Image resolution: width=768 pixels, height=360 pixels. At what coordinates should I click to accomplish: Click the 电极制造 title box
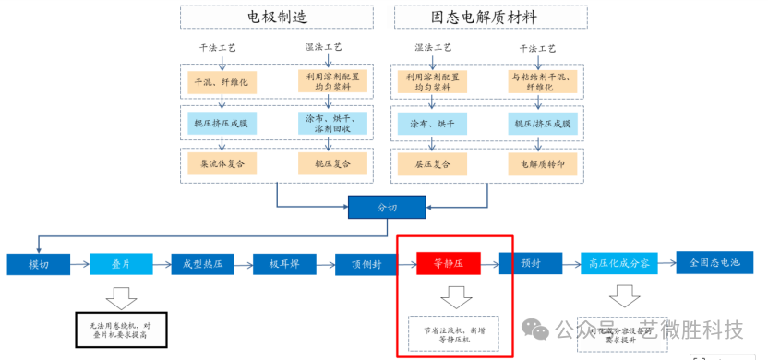coord(276,18)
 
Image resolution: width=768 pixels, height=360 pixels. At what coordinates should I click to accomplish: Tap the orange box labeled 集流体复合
coord(222,163)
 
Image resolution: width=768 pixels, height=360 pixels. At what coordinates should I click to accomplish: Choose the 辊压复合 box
coord(332,163)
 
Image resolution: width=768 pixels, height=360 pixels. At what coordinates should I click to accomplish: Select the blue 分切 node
coord(386,208)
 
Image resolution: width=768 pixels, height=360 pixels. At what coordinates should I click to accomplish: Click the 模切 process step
coord(39,264)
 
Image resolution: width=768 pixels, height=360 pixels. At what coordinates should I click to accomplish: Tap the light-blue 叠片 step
coord(121,264)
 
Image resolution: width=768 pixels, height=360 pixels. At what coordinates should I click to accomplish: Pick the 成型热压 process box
coord(202,264)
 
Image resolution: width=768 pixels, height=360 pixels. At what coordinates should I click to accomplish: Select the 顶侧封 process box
coord(366,264)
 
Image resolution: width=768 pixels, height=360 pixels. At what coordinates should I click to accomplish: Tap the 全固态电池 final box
coord(714,263)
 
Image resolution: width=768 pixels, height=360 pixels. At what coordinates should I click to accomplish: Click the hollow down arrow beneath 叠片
coord(120,297)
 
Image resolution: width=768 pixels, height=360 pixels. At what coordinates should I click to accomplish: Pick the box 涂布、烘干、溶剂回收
coord(332,123)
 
